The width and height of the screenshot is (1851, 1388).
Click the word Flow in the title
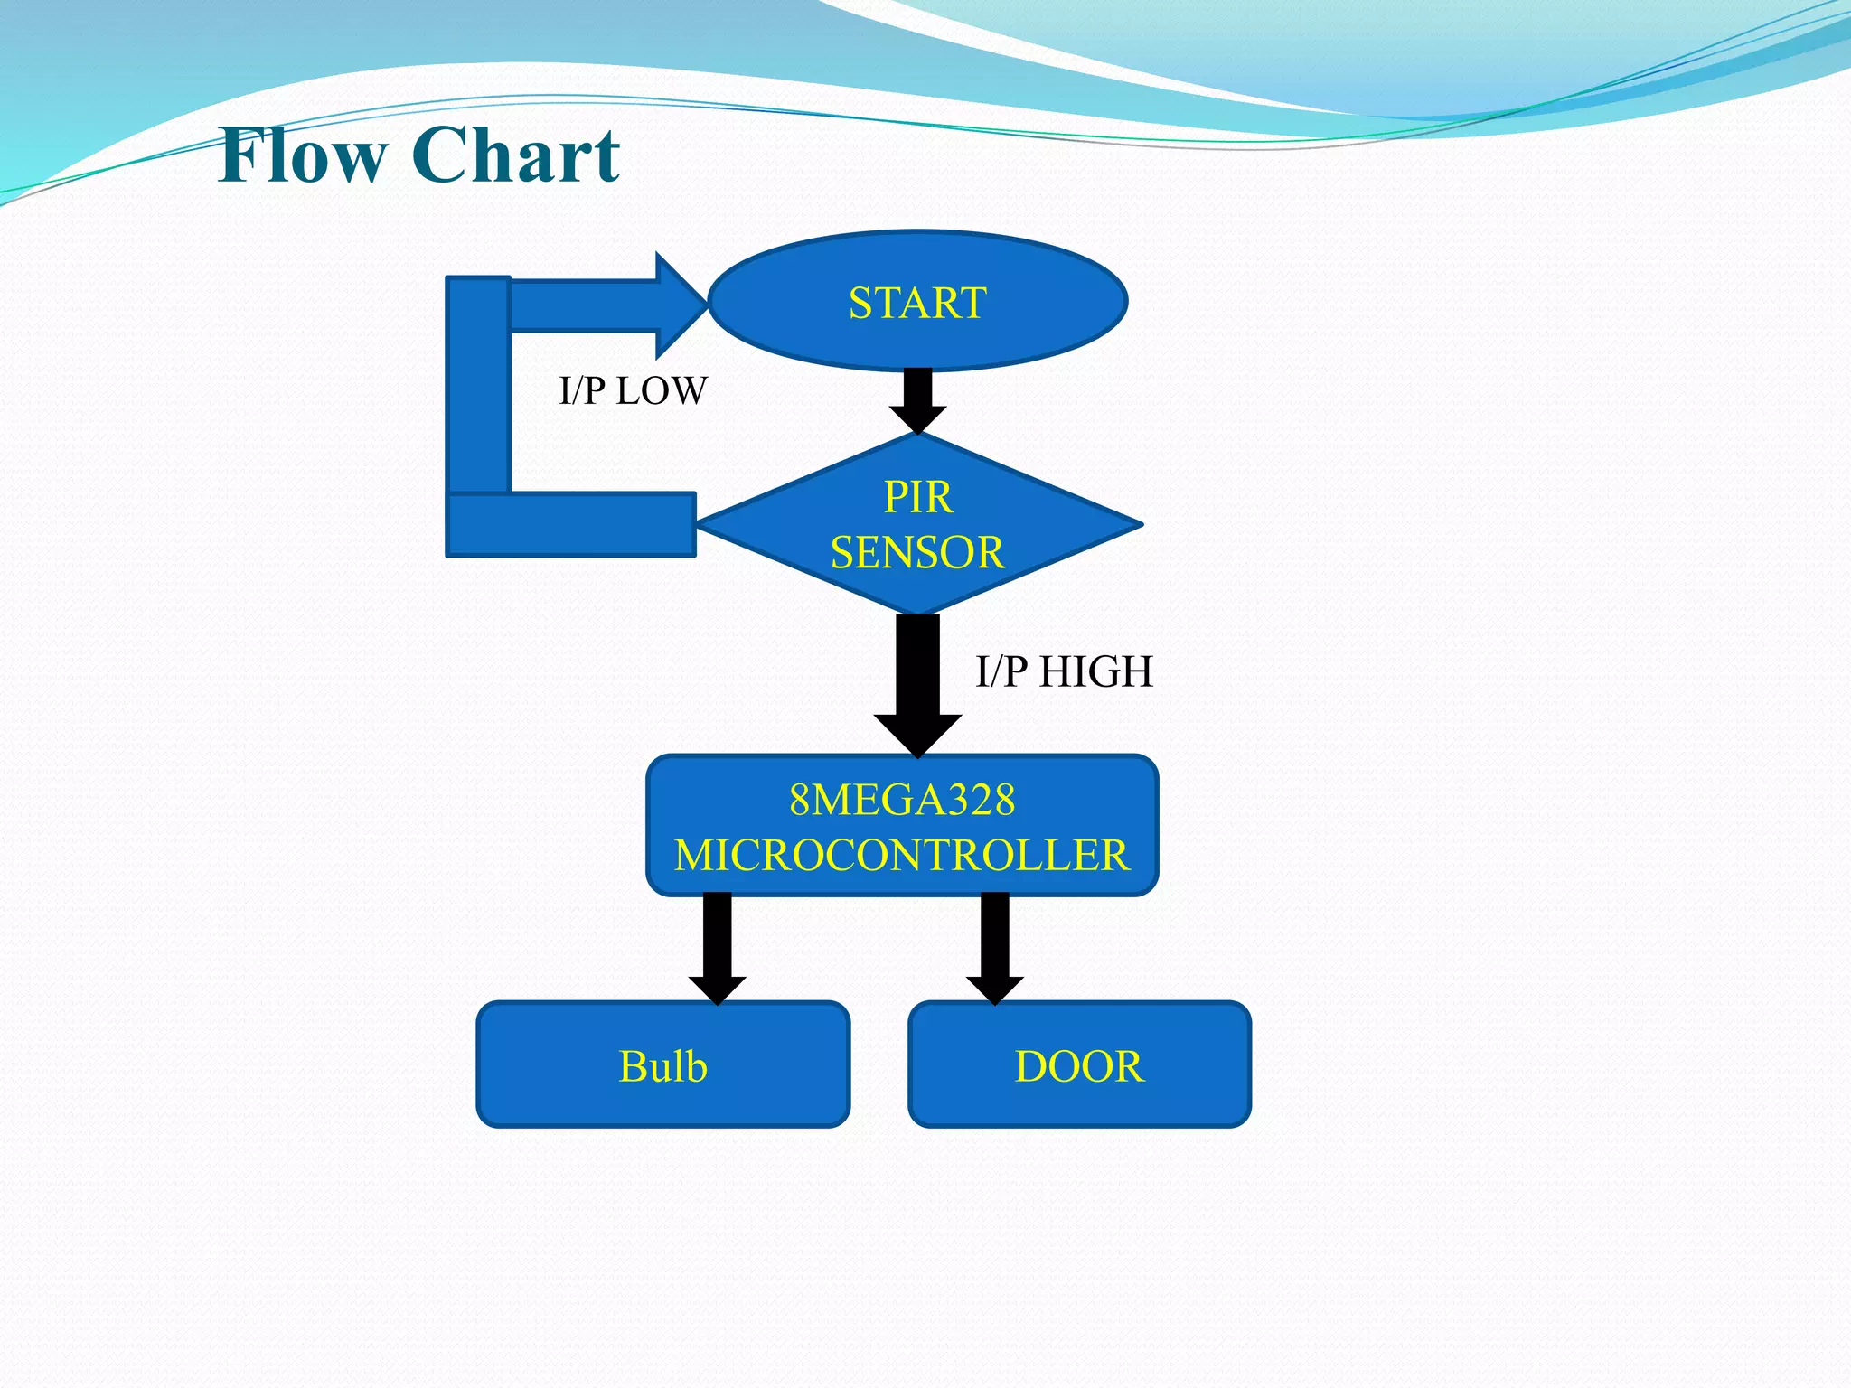pos(303,155)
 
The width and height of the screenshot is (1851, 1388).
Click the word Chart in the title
pos(516,155)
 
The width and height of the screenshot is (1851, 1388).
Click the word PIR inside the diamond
pos(917,497)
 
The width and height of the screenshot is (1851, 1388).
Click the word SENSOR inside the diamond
pos(917,552)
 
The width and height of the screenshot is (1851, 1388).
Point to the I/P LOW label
pos(633,391)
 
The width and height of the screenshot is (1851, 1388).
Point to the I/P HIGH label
pos(1064,672)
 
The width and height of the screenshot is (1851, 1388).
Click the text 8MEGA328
pos(902,800)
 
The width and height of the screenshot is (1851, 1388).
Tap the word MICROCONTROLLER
pos(902,855)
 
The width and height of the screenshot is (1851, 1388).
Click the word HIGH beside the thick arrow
pos(1095,672)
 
